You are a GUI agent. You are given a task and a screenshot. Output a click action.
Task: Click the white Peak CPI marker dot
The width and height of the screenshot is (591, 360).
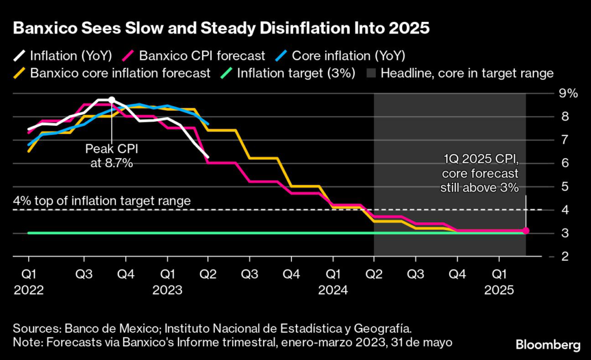tap(112, 100)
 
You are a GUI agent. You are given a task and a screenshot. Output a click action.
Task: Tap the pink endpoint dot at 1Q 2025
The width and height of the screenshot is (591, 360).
tap(526, 231)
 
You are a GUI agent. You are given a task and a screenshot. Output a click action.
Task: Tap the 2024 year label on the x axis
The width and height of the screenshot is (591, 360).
tap(334, 290)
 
